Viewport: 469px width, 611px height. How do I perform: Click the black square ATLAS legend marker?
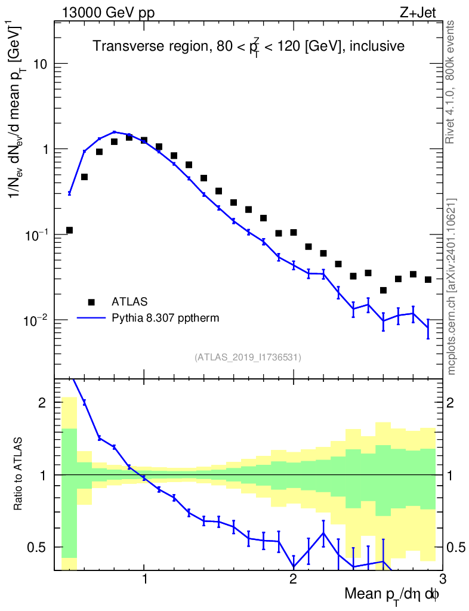[91, 302]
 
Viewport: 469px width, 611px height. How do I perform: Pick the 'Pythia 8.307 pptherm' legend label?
[165, 318]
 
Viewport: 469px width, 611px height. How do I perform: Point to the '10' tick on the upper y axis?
[39, 64]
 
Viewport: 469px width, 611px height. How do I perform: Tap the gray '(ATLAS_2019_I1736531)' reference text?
[248, 357]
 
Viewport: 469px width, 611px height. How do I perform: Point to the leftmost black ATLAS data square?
[69, 230]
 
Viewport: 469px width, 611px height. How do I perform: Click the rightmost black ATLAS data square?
[428, 279]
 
